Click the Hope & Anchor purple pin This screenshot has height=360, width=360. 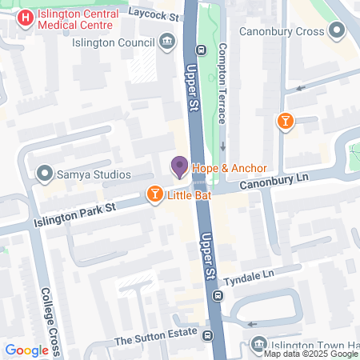[179, 166]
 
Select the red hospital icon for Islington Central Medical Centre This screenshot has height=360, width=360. [26, 16]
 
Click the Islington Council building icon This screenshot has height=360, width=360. [167, 41]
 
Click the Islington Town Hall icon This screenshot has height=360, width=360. [258, 345]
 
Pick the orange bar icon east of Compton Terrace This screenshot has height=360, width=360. [284, 121]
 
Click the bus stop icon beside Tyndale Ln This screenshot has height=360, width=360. [216, 296]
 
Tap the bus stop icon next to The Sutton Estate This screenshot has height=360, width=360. [207, 337]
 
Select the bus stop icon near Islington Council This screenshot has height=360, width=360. [201, 50]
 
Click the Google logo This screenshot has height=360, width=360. [27, 350]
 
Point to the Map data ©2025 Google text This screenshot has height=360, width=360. [310, 354]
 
